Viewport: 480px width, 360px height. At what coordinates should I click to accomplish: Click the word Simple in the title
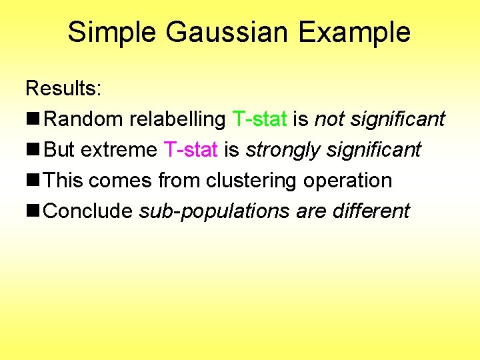[111, 33]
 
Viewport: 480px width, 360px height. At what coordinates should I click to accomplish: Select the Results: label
[61, 88]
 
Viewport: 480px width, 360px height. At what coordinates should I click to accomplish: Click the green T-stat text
[259, 119]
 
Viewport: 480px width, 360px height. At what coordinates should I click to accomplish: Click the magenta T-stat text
[190, 150]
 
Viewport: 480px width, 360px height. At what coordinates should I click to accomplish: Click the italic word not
[328, 119]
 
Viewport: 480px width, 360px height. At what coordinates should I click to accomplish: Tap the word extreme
[119, 150]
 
